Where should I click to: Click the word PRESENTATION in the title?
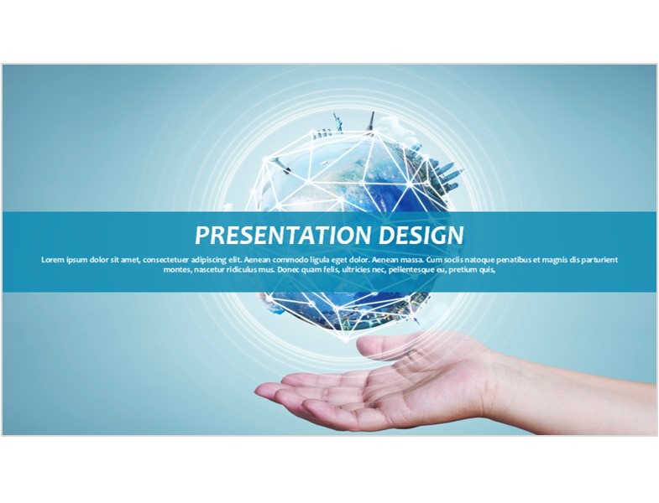click(x=284, y=235)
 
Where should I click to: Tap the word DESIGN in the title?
click(x=421, y=235)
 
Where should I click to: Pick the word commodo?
click(x=293, y=260)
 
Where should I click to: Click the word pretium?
click(x=462, y=270)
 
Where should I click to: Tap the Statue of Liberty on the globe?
click(x=337, y=122)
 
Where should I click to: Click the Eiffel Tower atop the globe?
click(x=371, y=122)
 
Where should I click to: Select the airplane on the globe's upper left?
click(x=280, y=165)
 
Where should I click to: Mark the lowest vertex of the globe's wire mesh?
click(x=346, y=340)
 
